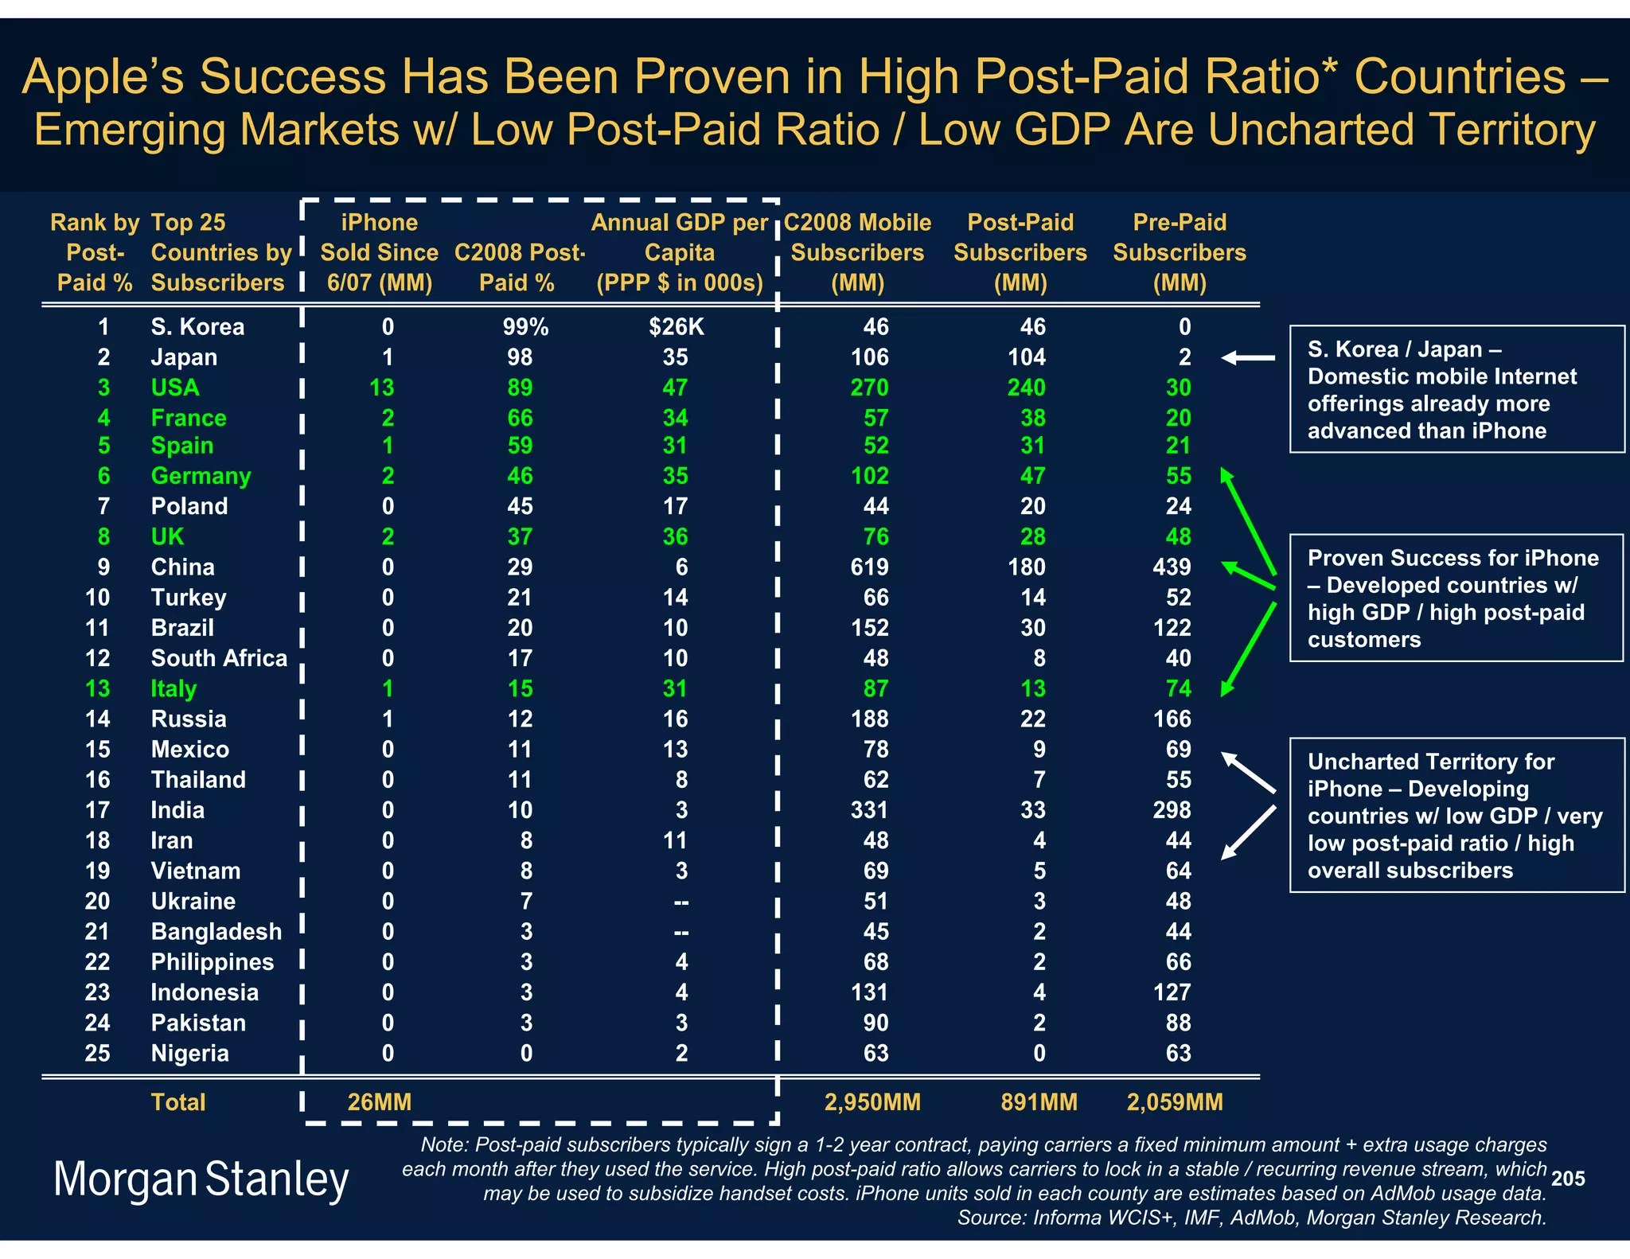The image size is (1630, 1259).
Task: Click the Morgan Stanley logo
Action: pos(201,1179)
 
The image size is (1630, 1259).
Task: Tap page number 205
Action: pos(1567,1179)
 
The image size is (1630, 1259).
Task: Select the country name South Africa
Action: pos(219,658)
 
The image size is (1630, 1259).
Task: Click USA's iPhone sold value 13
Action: pos(381,388)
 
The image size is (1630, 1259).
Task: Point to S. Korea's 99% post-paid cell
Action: pos(525,327)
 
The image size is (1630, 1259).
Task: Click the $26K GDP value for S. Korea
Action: pos(677,327)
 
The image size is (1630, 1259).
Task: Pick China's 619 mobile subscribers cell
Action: pos(869,567)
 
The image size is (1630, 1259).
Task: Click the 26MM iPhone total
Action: pos(380,1102)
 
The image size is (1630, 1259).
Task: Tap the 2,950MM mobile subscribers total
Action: pos(872,1102)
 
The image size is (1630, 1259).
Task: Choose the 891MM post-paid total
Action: pos(1039,1102)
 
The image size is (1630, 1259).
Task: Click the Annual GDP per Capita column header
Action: pos(680,252)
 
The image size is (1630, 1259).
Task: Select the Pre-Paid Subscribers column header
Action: pos(1180,252)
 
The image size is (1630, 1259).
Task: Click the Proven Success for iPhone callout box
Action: pos(1456,598)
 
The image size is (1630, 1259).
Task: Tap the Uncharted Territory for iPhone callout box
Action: pos(1456,815)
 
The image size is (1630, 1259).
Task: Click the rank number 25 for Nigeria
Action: pos(97,1053)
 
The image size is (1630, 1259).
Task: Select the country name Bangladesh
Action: pos(216,932)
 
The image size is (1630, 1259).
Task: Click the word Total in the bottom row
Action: pos(178,1102)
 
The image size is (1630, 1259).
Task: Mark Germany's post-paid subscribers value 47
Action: pos(1032,476)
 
